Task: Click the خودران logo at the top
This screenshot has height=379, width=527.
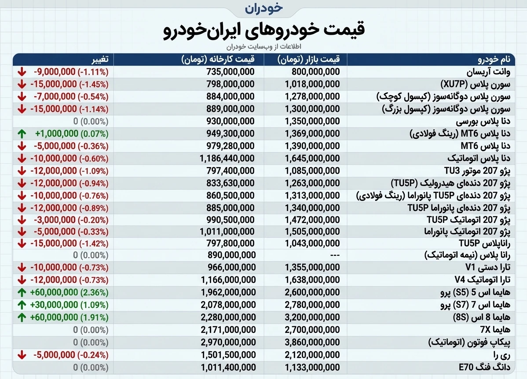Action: point(263,8)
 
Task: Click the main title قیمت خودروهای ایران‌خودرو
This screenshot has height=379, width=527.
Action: point(263,30)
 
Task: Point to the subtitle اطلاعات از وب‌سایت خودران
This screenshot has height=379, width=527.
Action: point(263,47)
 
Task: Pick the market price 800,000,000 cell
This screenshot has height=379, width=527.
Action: point(312,72)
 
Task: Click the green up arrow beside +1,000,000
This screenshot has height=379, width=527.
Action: point(21,133)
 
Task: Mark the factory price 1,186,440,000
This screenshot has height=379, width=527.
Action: point(227,158)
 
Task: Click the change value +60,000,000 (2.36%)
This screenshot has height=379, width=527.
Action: point(69,292)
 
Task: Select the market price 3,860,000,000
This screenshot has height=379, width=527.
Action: point(312,342)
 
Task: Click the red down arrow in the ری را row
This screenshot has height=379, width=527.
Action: point(21,354)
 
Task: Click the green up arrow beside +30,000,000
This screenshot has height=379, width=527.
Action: point(21,304)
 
